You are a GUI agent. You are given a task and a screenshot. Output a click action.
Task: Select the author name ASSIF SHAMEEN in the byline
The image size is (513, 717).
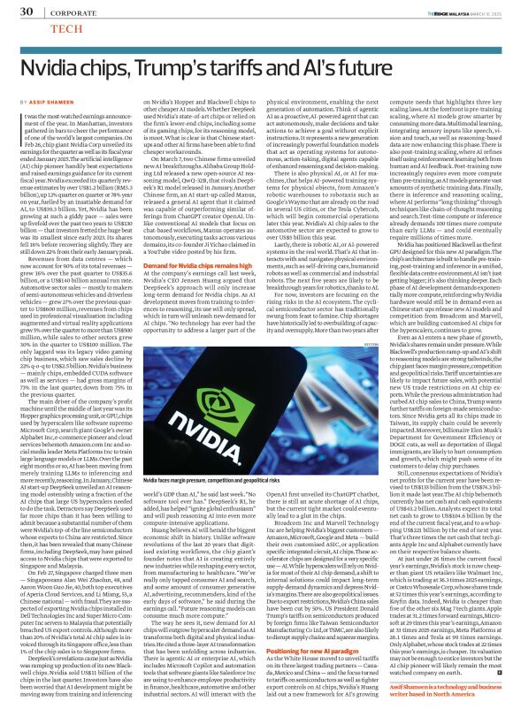point(60,104)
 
